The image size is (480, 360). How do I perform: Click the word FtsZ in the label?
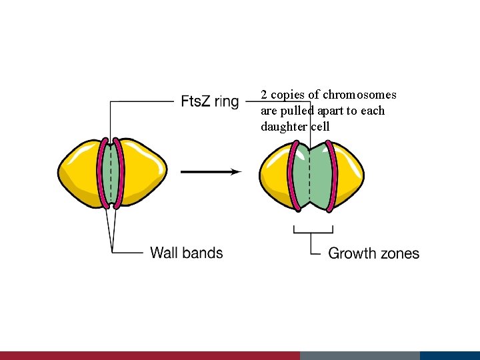point(196,101)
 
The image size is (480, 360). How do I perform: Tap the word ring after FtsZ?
point(227,102)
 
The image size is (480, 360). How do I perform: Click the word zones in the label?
point(400,253)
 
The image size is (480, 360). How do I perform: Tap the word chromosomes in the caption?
point(359,95)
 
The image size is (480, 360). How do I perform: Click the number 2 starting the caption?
point(264,95)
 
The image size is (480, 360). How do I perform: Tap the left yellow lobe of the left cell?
point(79,172)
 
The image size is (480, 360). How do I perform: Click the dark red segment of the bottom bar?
point(150,355)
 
